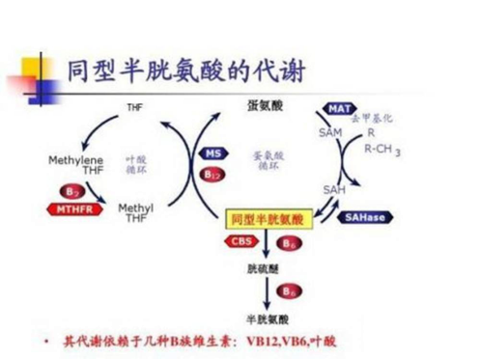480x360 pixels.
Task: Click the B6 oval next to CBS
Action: click(x=287, y=243)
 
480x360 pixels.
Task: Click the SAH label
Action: click(x=333, y=188)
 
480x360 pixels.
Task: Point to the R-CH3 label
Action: click(x=381, y=149)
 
